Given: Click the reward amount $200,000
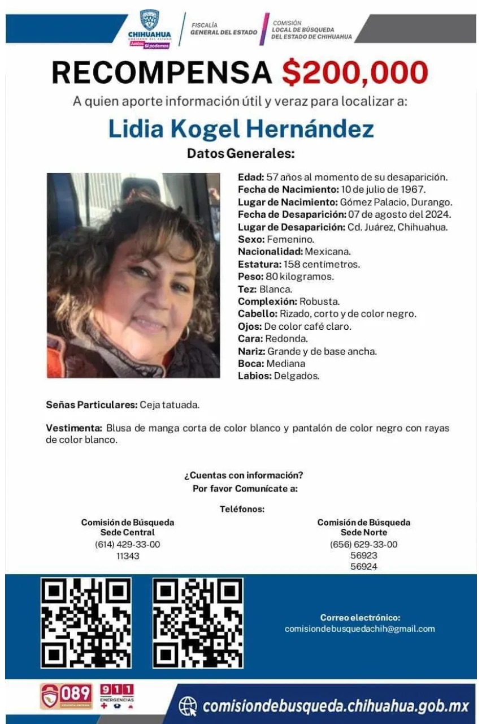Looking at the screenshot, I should click(355, 73).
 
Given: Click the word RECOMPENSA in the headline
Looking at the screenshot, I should click(162, 73).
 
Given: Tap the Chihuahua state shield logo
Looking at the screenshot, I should click(149, 20).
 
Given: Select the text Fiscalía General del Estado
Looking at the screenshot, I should click(223, 29).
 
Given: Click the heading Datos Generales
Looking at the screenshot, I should click(241, 153).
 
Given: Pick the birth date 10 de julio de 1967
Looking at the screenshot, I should click(383, 189).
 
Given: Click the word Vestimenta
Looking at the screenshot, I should click(74, 428).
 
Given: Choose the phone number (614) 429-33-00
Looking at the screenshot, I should click(127, 544).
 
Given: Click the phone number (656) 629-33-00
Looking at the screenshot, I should click(363, 544).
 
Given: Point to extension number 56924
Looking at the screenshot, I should click(363, 567).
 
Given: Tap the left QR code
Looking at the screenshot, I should click(86, 622).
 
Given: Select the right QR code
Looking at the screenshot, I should click(198, 622).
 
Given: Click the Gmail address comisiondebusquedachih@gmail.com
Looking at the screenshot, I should click(359, 628).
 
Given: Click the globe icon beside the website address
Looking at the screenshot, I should click(188, 706).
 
